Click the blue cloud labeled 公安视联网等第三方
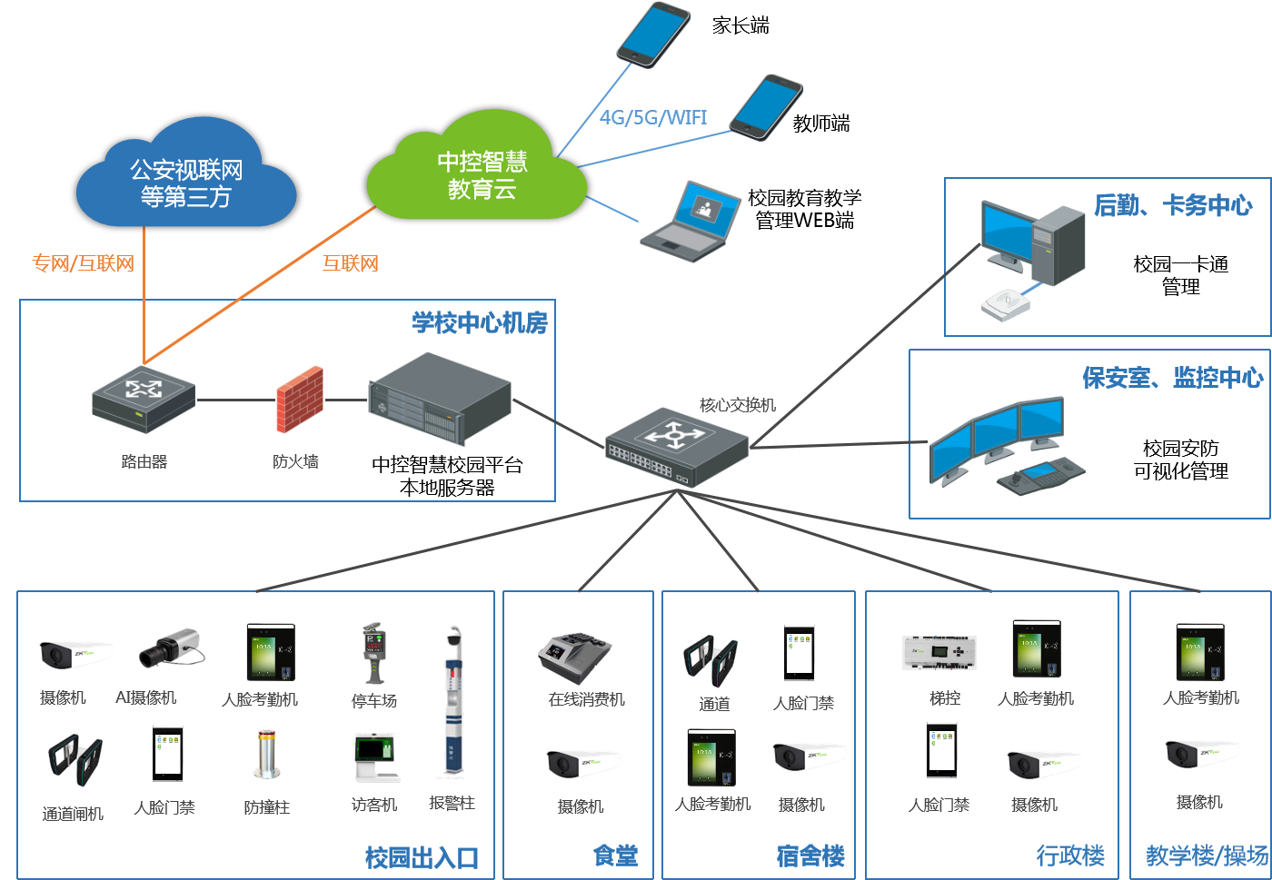[186, 177]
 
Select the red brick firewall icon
[300, 399]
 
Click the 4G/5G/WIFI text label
[653, 117]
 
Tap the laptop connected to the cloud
[691, 222]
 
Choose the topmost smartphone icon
[653, 34]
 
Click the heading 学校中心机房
[480, 322]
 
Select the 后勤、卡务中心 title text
[1173, 205]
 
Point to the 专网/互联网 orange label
[84, 263]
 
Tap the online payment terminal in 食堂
[575, 657]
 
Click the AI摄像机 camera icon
[171, 647]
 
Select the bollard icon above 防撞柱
[266, 754]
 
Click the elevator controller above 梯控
[939, 652]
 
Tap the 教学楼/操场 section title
[1207, 855]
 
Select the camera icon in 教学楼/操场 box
[1201, 753]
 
